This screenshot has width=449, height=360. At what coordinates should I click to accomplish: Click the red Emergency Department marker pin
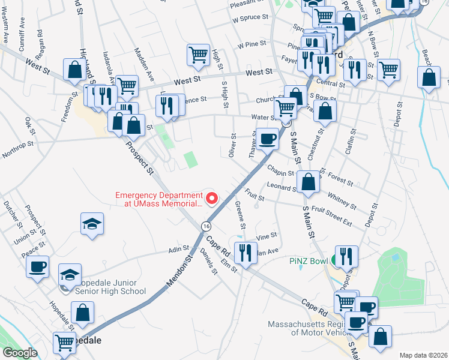tap(211, 198)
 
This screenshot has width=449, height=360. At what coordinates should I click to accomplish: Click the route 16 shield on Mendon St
tap(206, 226)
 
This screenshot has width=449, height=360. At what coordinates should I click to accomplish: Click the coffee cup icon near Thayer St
tap(268, 139)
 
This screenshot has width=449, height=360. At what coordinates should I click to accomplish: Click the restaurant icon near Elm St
tap(245, 252)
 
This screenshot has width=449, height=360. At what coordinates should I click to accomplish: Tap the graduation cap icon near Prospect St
tap(92, 224)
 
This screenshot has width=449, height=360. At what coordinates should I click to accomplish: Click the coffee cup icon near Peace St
tap(38, 266)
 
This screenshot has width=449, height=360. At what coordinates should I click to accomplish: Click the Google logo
tap(20, 353)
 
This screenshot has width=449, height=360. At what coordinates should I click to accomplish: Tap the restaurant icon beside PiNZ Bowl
tap(346, 256)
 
